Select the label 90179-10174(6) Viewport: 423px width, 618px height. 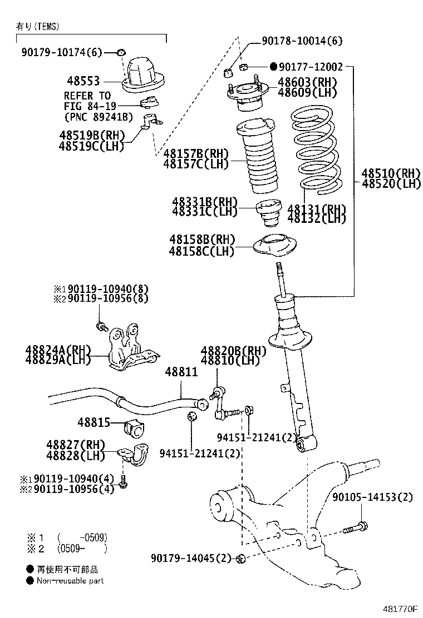(62, 52)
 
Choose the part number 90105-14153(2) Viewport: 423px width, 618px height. (373, 497)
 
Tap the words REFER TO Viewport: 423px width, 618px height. (87, 96)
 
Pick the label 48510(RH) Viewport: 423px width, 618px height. (391, 172)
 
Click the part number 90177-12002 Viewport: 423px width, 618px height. (311, 67)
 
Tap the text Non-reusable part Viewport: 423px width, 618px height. (70, 581)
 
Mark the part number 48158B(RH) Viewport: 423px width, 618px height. (203, 240)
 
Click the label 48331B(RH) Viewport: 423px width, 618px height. (205, 201)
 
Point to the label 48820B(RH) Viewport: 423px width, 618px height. (233, 350)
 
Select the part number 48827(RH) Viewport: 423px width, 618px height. (76, 445)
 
